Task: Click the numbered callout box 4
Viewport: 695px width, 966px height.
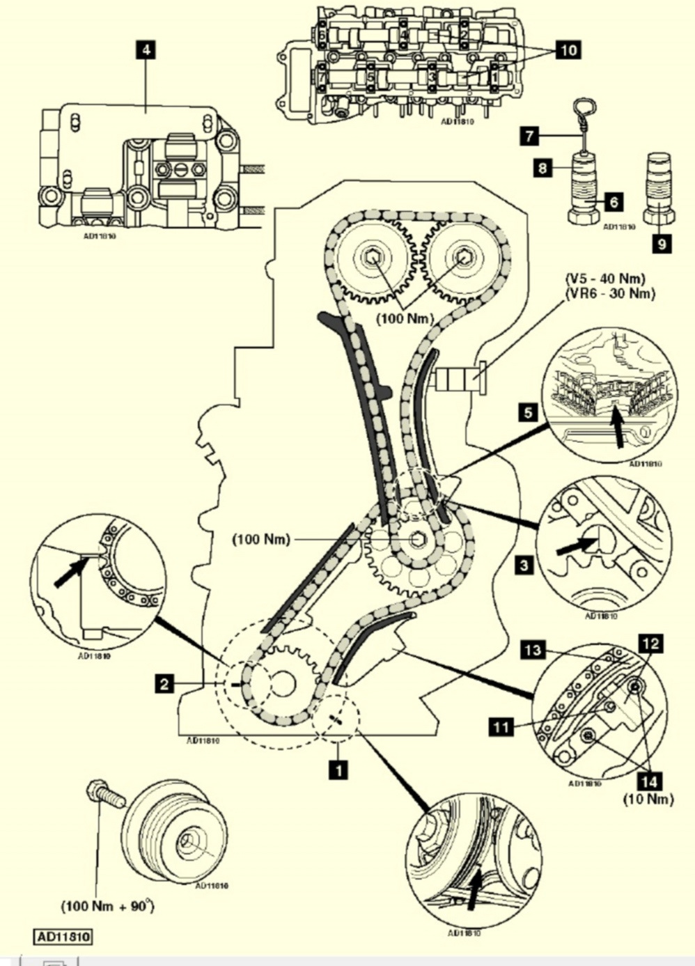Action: pyautogui.click(x=146, y=50)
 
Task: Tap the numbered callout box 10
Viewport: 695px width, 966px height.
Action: pyautogui.click(x=568, y=49)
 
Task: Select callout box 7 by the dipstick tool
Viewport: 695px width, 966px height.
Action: pyautogui.click(x=529, y=136)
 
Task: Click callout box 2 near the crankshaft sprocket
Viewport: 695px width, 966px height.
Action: pyautogui.click(x=165, y=684)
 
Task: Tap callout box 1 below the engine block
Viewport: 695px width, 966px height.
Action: pyautogui.click(x=338, y=770)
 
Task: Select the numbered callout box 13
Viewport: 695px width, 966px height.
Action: pyautogui.click(x=533, y=650)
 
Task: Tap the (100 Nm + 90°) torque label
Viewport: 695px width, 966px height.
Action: pyautogui.click(x=108, y=906)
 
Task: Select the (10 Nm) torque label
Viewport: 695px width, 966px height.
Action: pyautogui.click(x=648, y=799)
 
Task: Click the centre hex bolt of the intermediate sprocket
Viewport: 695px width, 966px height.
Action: pyautogui.click(x=419, y=540)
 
